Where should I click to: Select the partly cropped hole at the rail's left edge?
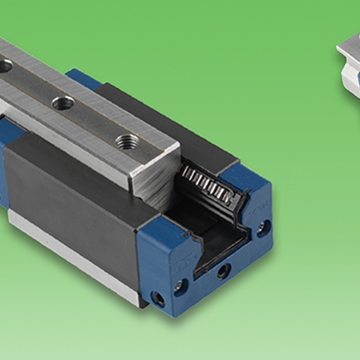point(6,66)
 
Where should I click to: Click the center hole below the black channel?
point(223,269)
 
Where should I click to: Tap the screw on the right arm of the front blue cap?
point(262,227)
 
